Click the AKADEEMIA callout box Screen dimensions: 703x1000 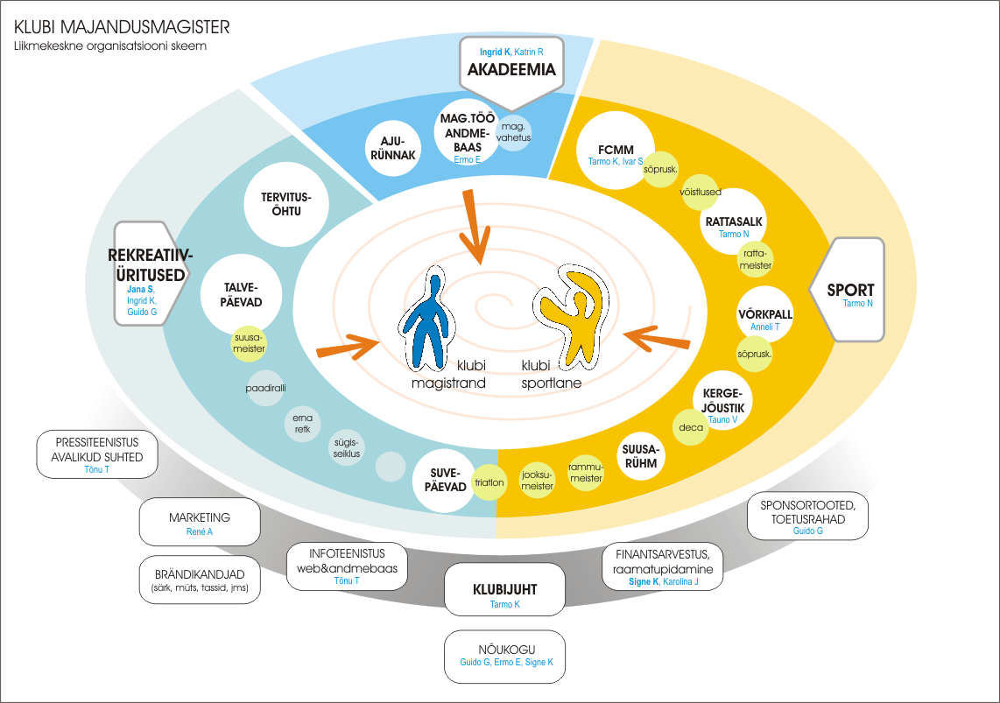(512, 64)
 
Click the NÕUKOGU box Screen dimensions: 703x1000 (504, 656)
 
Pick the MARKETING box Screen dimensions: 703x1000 (200, 523)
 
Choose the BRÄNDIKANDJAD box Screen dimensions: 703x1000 (200, 580)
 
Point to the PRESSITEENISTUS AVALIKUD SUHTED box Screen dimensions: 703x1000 (97, 453)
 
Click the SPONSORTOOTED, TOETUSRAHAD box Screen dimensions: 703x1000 (807, 517)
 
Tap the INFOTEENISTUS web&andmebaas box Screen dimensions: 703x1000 (348, 566)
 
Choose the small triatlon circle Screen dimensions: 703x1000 (489, 482)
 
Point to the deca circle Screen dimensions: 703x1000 (688, 429)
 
